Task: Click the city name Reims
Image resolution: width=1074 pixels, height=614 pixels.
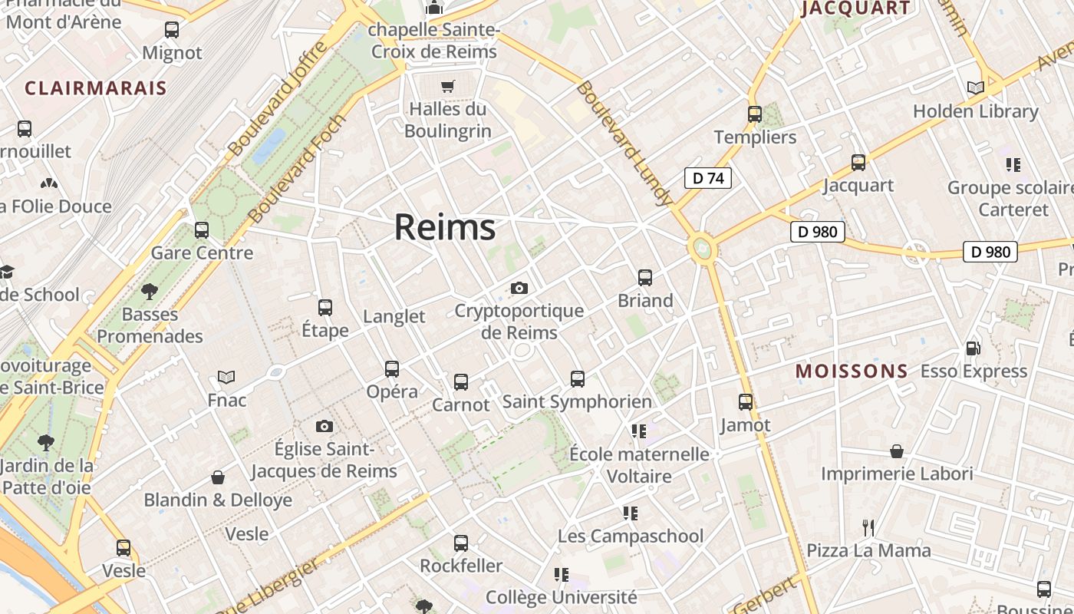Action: coord(445,228)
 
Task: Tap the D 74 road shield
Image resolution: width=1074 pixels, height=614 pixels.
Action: coord(707,179)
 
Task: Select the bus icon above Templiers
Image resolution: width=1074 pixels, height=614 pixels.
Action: coord(755,114)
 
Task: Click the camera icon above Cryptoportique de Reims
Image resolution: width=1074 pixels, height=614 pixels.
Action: coord(519,288)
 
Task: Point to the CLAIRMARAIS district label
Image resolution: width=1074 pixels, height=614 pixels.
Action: coord(96,88)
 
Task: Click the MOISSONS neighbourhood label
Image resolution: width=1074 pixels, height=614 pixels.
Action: coord(852,371)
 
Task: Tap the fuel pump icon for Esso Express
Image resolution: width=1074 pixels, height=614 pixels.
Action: coord(973,348)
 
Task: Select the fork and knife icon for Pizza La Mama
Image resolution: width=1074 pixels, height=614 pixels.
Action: coord(868,527)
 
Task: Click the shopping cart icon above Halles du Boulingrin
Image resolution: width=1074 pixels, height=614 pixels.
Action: coord(448,86)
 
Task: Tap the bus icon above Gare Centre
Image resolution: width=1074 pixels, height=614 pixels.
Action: coord(202,229)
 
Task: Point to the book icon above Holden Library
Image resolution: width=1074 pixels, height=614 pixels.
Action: coord(976,88)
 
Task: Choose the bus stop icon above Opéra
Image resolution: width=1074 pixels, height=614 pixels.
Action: coord(392,368)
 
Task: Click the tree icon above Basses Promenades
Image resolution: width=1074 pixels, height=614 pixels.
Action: coord(150,291)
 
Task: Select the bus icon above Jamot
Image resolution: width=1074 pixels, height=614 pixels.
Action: coord(746,401)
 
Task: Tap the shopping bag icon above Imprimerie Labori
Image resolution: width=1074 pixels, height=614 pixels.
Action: coord(897,451)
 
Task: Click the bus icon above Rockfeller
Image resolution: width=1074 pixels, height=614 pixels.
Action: coord(461,543)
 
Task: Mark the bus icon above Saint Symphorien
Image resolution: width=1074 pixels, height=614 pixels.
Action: coord(578,378)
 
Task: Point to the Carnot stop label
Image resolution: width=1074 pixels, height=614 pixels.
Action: coord(460,404)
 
